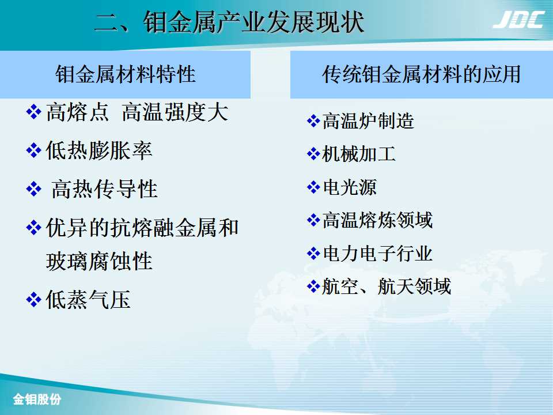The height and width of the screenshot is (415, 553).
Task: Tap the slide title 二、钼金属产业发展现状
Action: click(x=230, y=22)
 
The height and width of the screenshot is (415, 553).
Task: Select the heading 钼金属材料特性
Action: click(x=126, y=74)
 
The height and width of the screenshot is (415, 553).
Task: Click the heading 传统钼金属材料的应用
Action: click(x=422, y=74)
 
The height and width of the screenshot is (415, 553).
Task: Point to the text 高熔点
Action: click(x=77, y=112)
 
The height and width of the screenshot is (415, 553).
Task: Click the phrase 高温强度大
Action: click(x=175, y=112)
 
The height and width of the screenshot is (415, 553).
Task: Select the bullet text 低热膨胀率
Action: click(x=99, y=150)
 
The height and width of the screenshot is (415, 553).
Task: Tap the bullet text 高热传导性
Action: click(x=104, y=189)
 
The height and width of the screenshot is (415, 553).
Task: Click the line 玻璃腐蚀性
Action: click(x=99, y=261)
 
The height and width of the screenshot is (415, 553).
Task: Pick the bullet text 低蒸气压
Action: click(x=88, y=300)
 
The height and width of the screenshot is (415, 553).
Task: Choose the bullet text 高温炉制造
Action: click(x=368, y=121)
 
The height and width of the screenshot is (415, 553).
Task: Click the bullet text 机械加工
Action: click(x=359, y=154)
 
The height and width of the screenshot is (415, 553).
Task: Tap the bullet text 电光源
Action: click(x=350, y=187)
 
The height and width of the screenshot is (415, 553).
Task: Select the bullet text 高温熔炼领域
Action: click(x=377, y=220)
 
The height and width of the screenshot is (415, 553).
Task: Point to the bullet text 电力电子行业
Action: click(x=378, y=254)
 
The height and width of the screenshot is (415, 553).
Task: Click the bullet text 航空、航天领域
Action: click(x=387, y=286)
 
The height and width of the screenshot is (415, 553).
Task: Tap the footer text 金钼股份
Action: click(x=37, y=399)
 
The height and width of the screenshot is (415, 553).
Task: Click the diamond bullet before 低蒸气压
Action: click(x=34, y=300)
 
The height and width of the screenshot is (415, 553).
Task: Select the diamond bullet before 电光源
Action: click(x=313, y=187)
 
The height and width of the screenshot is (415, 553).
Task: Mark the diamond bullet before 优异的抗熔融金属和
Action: click(x=34, y=228)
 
